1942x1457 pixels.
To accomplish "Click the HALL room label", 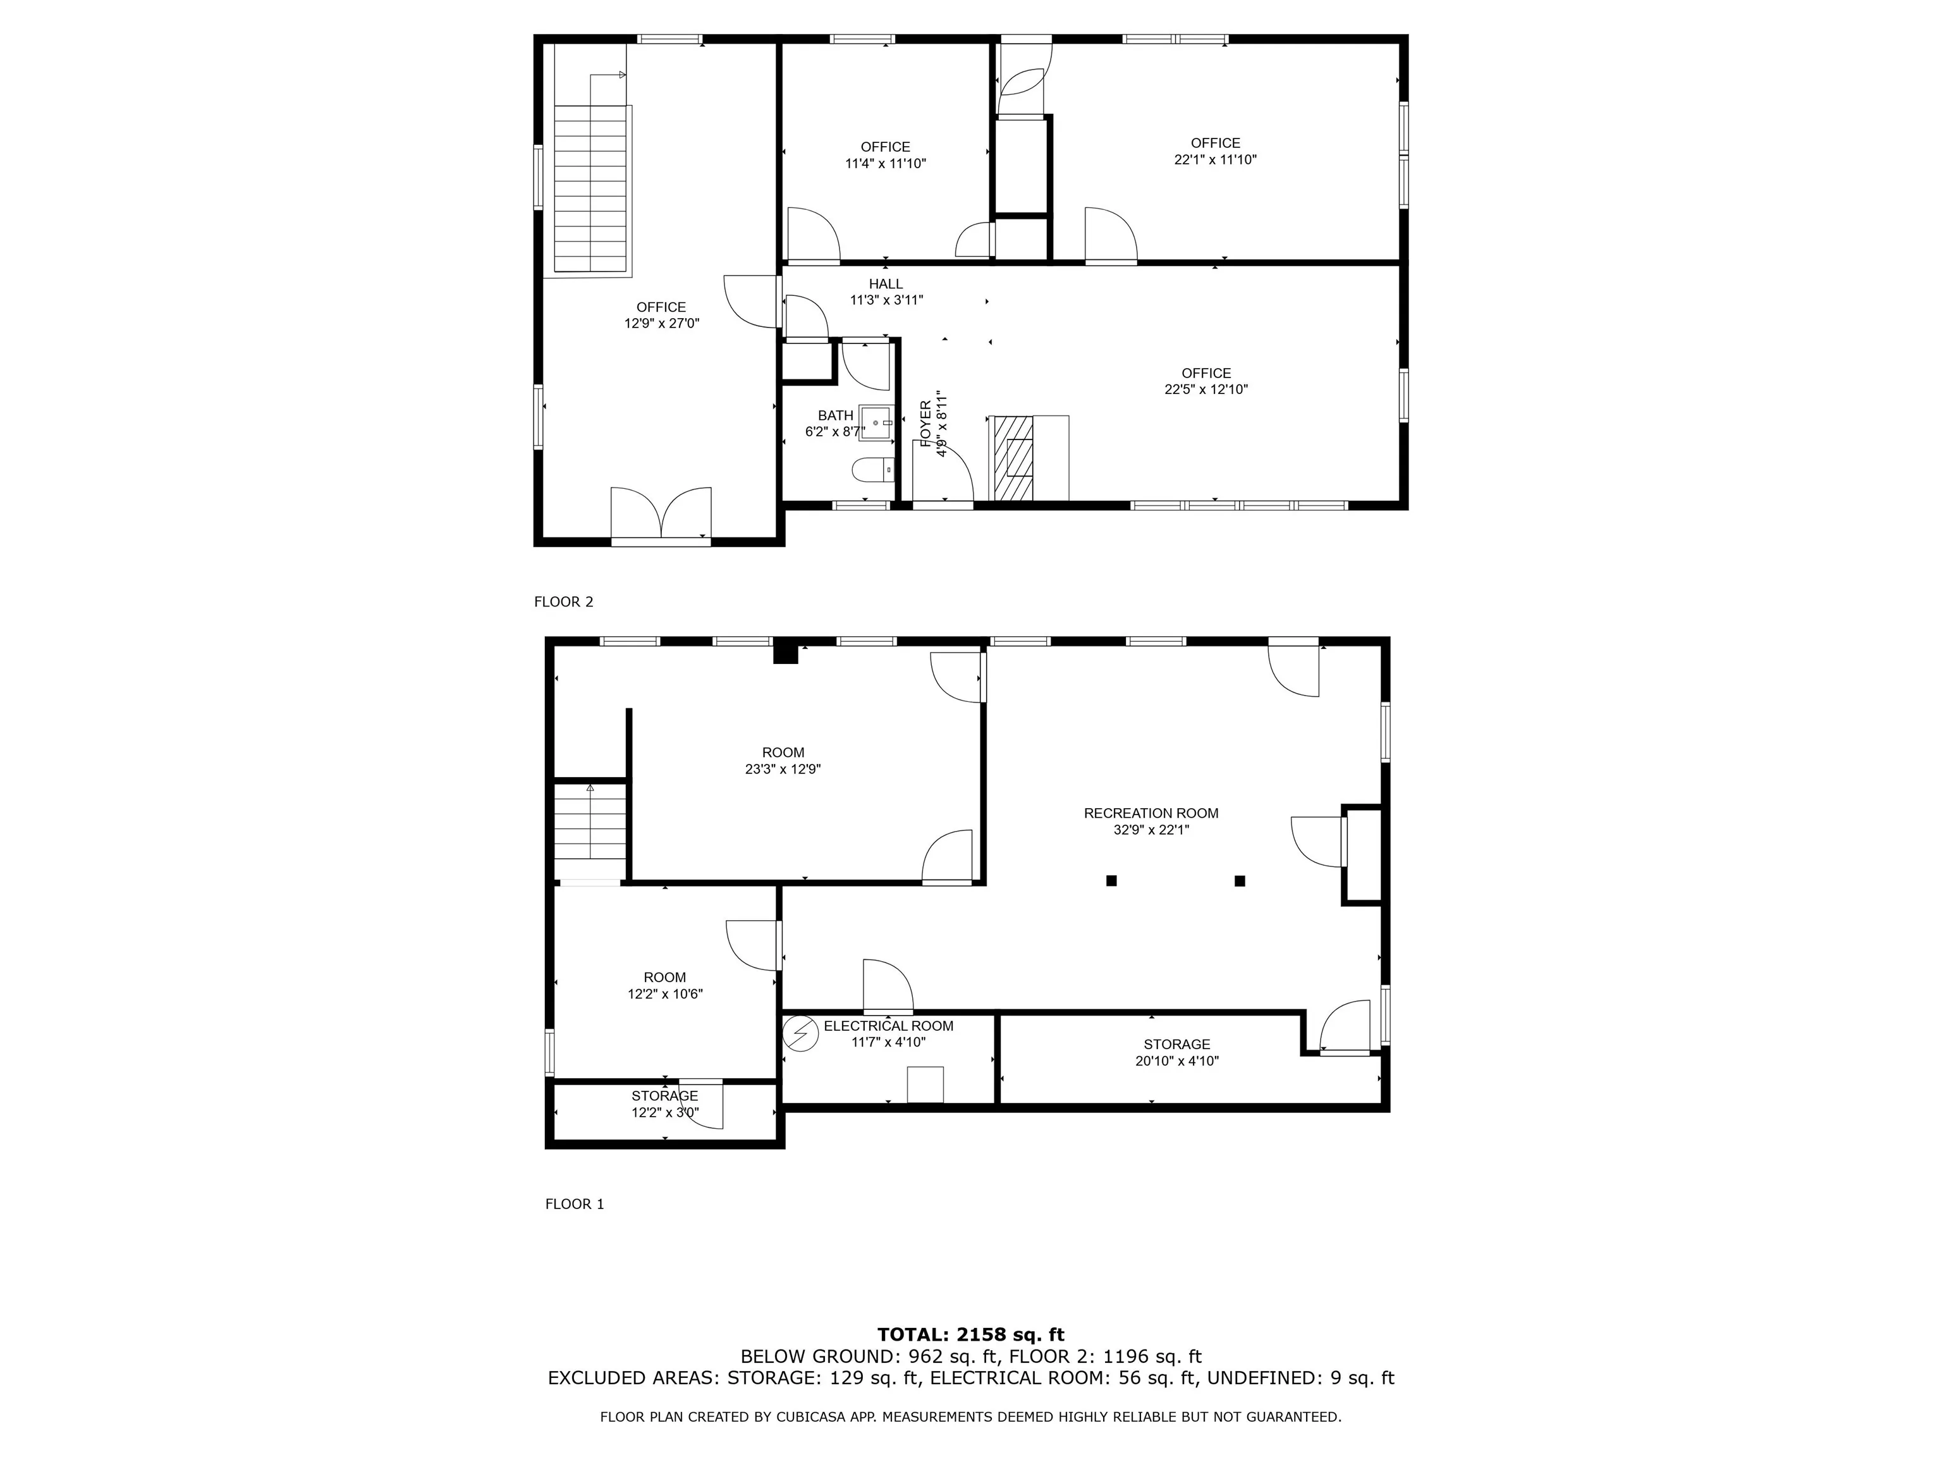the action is click(886, 284).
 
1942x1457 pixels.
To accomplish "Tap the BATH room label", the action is click(835, 415).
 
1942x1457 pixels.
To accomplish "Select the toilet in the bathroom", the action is click(872, 470).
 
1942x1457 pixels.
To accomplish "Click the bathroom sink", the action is click(876, 422).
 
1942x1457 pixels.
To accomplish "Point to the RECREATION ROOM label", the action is click(1151, 813).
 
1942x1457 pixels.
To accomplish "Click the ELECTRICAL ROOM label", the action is click(888, 1026).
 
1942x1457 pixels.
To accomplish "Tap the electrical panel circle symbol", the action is click(800, 1034).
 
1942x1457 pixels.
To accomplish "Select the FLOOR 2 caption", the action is click(564, 601).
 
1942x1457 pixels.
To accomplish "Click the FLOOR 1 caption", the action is click(575, 1204).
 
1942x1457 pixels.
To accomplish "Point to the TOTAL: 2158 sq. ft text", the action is click(971, 1336).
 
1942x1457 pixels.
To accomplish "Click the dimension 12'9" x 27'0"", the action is click(662, 323).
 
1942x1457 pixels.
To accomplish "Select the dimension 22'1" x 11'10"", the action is click(1216, 160).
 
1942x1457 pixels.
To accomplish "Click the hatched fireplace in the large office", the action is click(1013, 457).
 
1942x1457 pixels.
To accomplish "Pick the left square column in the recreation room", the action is click(1111, 881).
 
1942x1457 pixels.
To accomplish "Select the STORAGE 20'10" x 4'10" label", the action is click(1176, 1052).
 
